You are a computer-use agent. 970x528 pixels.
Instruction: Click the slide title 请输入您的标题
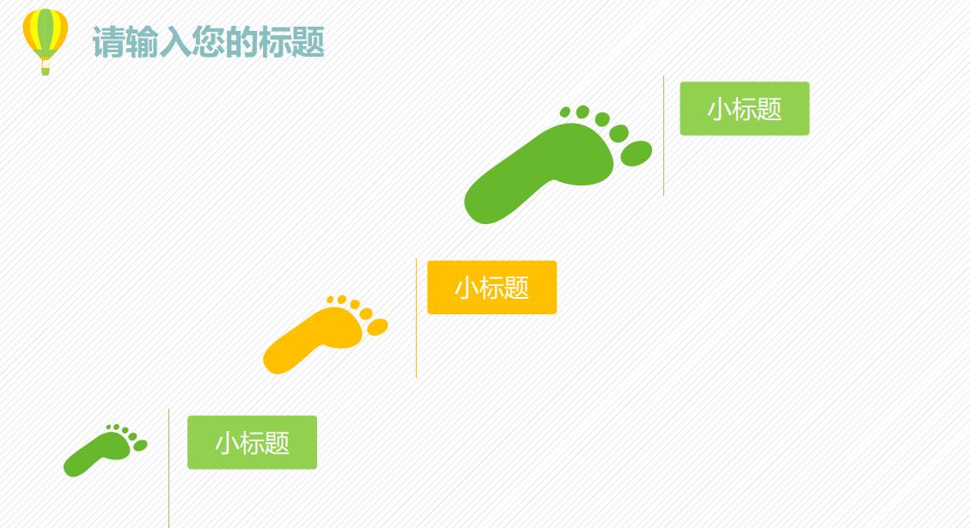208,42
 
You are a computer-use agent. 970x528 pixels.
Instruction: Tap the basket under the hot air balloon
46,70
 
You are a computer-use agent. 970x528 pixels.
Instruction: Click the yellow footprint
322,337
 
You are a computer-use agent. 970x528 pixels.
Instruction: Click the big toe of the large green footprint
636,153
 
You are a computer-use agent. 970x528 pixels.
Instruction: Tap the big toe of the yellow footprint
377,327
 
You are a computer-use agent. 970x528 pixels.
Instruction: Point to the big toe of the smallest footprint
139,446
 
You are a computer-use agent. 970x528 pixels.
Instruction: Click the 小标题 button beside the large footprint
744,109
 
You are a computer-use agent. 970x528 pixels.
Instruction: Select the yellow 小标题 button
491,288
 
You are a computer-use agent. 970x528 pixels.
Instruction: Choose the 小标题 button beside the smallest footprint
252,443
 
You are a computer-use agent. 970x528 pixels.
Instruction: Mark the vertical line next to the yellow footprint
416,318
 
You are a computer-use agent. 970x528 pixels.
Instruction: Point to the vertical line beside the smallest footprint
168,468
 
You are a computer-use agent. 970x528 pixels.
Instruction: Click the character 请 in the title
107,42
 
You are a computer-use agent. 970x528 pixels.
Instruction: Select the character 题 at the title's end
308,42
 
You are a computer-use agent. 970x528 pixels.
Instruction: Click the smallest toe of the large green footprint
564,112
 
